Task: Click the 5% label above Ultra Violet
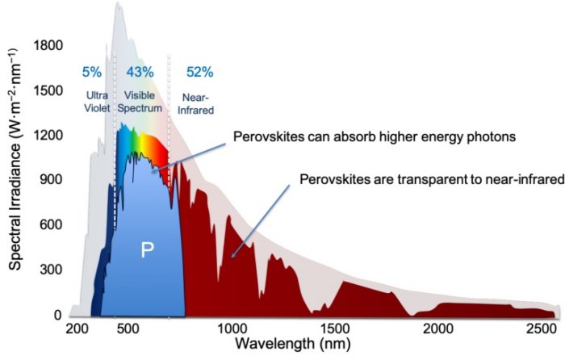[x=92, y=72]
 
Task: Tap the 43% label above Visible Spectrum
[x=140, y=72]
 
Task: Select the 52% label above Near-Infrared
[x=199, y=72]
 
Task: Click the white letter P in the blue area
[x=147, y=250]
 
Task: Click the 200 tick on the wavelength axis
[x=78, y=329]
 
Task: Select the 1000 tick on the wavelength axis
[x=232, y=329]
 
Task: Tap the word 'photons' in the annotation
[x=492, y=136]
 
